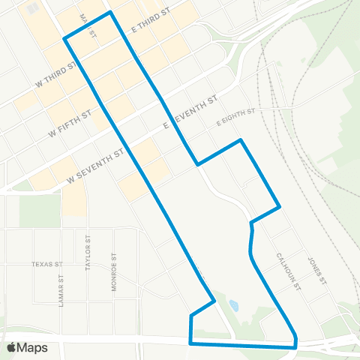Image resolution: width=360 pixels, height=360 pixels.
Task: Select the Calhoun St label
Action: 287,271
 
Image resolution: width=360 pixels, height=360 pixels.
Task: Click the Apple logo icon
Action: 13,347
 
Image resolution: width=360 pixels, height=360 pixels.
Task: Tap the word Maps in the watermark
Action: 32,347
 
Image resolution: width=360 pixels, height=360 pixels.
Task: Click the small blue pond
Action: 234,306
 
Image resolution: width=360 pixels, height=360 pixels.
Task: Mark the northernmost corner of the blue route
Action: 111,13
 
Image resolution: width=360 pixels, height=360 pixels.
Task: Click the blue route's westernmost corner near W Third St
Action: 64,38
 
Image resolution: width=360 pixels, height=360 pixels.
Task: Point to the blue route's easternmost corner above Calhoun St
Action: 280,206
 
